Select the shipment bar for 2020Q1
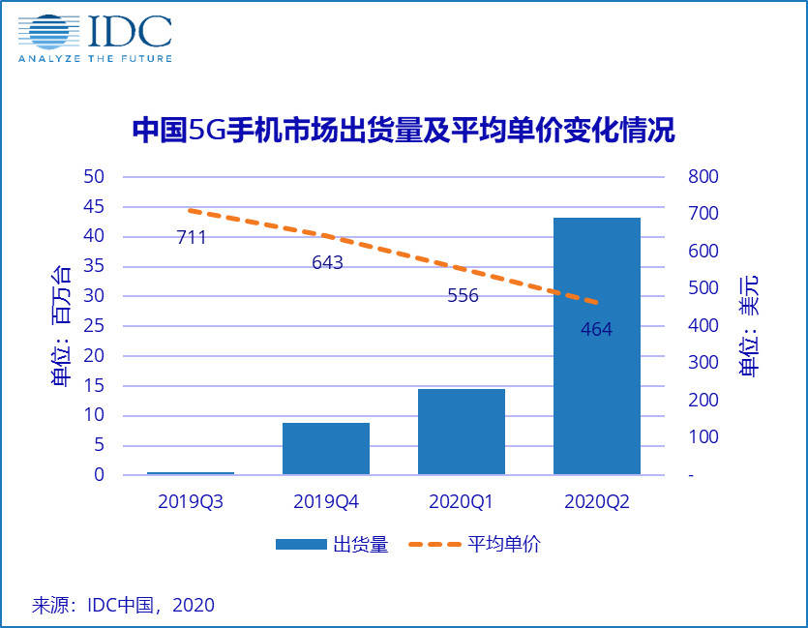tap(462, 432)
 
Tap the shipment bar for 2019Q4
tap(326, 448)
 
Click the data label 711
tap(192, 237)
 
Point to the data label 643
tap(327, 262)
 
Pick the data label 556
tap(463, 296)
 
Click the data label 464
tap(596, 330)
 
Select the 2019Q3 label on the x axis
tap(191, 503)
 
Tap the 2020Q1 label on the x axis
tap(462, 503)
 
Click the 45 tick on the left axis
tap(93, 207)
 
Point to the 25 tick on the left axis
tap(93, 326)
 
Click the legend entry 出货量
tap(331, 545)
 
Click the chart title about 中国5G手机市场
tap(403, 131)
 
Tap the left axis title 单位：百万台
tap(60, 325)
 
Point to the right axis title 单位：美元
tap(748, 325)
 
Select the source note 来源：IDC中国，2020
tap(123, 605)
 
